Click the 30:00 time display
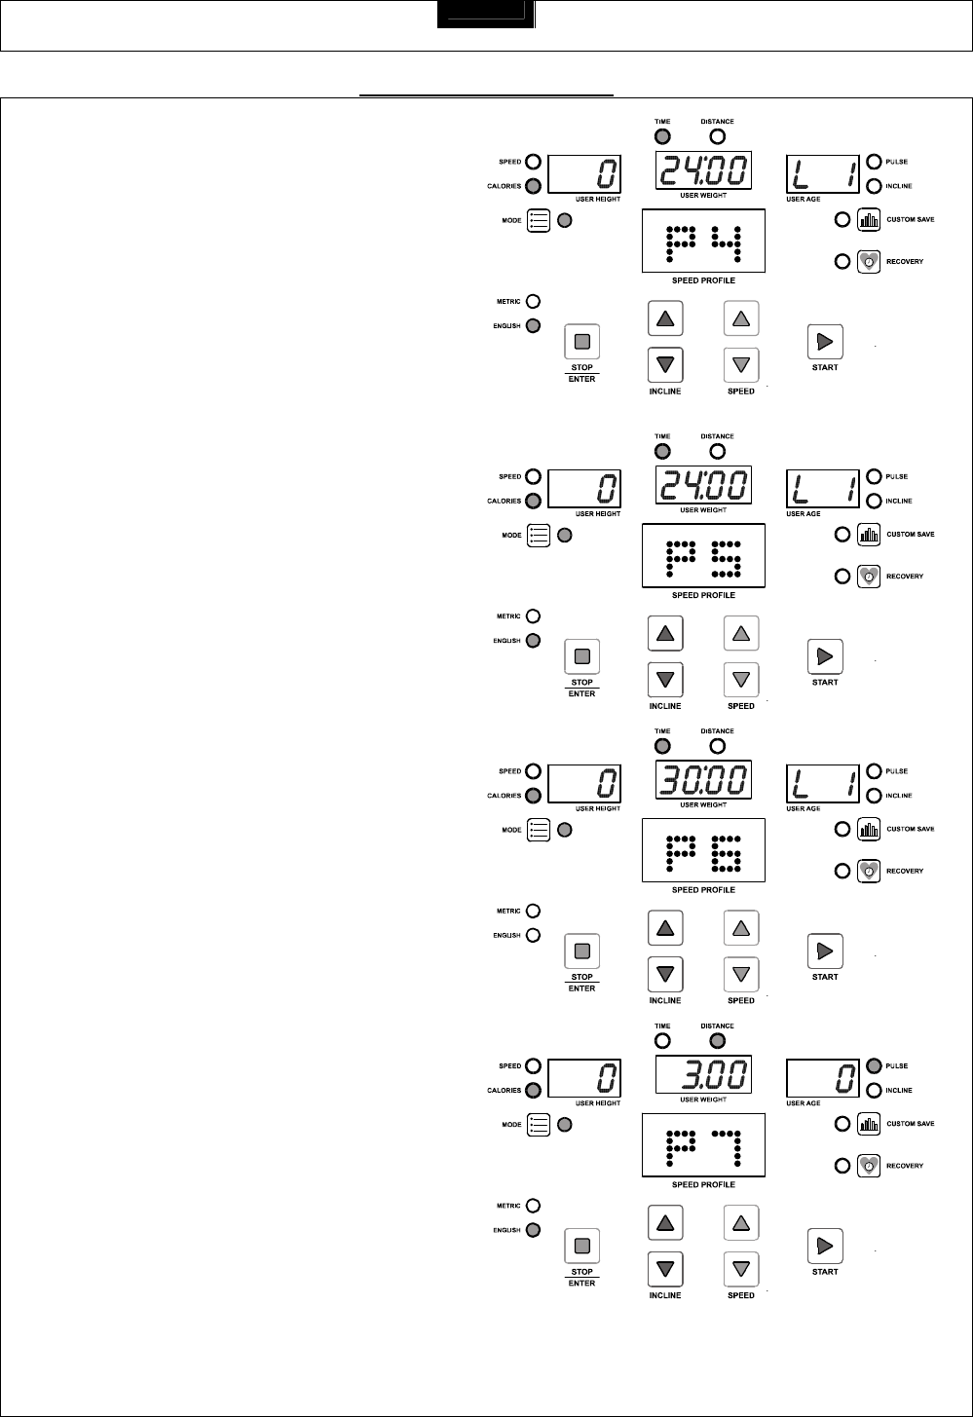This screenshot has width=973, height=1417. pos(702,780)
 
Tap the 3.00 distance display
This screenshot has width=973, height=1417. pos(702,1075)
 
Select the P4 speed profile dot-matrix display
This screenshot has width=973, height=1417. pos(702,242)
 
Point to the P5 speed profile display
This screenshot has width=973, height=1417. pos(702,557)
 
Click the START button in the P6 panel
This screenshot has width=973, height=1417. pos(825,950)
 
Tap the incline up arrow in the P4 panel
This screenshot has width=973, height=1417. pos(665,318)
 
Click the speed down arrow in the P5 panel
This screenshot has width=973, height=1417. pos(741,679)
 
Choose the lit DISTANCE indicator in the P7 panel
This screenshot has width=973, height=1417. pos(718,1041)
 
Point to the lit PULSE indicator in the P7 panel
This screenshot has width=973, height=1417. pos(874,1065)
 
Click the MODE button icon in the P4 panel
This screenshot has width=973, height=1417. pos(539,220)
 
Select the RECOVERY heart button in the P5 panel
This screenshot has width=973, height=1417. pos(869,576)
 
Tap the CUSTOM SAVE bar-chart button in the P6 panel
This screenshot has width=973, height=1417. pos(869,830)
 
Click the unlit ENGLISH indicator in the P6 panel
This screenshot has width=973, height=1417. pos(533,936)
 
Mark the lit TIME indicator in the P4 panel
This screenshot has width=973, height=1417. pos(662,137)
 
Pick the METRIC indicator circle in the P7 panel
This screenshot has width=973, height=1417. pos(533,1206)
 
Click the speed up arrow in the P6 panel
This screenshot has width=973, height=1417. pos(741,928)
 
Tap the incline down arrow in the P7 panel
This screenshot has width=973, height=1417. pos(665,1268)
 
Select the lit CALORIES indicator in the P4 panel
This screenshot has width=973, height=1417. pos(533,186)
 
